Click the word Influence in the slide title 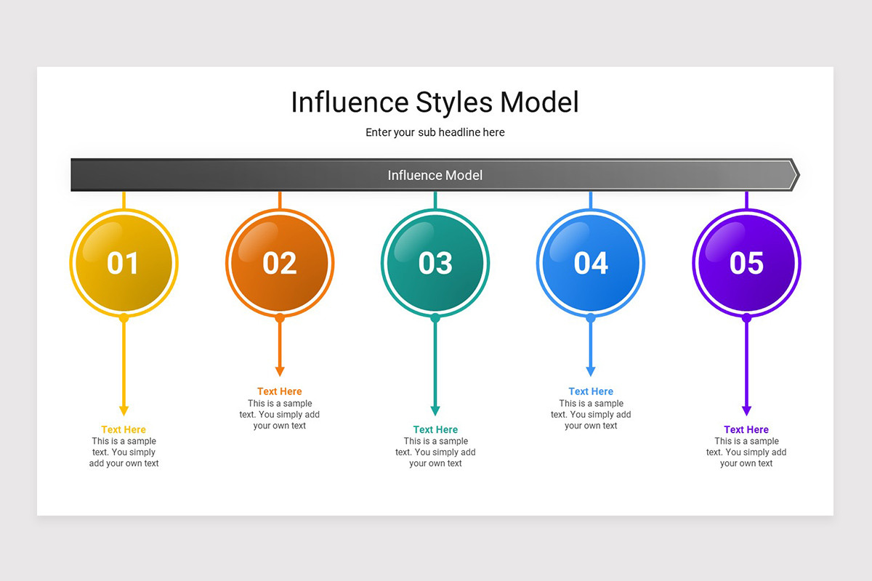pos(350,102)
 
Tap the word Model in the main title pos(539,102)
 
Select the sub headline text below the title pos(435,132)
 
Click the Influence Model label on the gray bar pos(435,175)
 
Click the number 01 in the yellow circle pos(123,263)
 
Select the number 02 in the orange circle pos(280,263)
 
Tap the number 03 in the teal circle pos(435,263)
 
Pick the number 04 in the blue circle pos(591,263)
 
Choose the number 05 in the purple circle pos(746,263)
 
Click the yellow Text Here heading pos(124,430)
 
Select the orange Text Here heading pos(280,391)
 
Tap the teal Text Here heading pos(435,430)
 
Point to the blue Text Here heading pos(591,391)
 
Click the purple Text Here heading pos(746,430)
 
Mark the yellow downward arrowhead pos(124,410)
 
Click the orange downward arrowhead pos(280,372)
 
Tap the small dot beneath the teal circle pos(435,318)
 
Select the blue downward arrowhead pos(591,372)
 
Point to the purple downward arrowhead pos(746,410)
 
